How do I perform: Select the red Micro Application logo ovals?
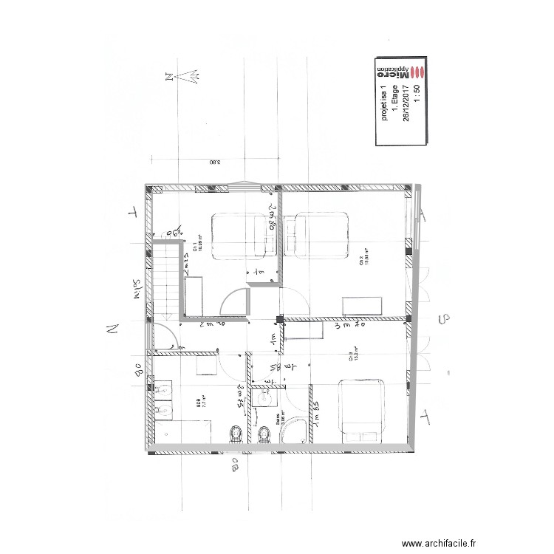[x=418, y=72]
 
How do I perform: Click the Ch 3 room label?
[x=352, y=360]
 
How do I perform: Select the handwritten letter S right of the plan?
[x=444, y=319]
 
